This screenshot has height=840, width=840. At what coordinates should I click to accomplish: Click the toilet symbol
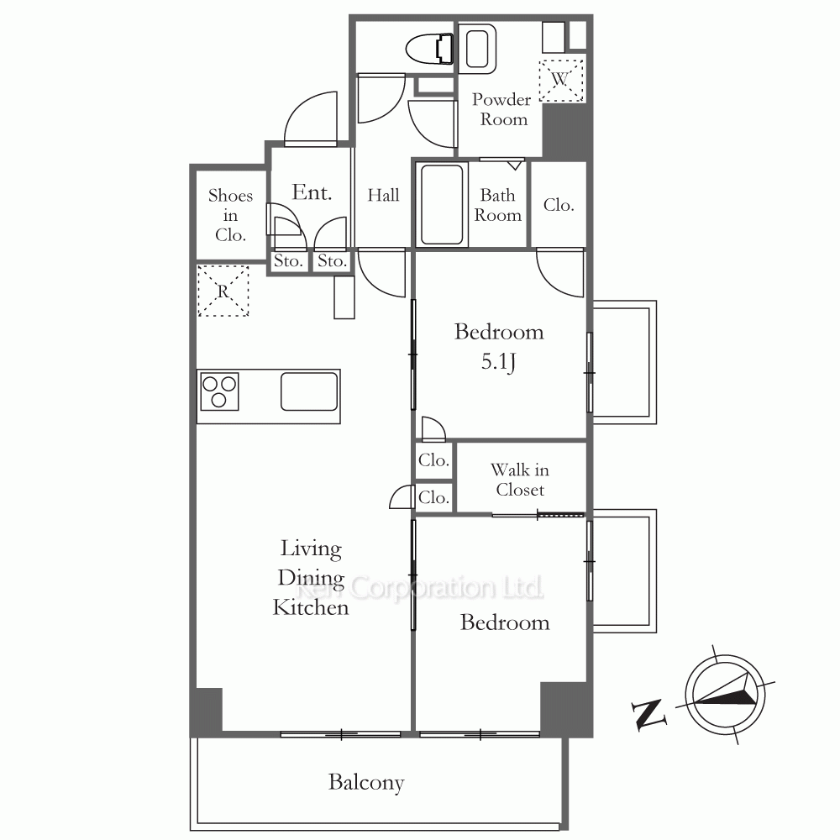pyautogui.click(x=429, y=48)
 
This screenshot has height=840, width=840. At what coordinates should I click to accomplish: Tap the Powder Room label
pyautogui.click(x=502, y=109)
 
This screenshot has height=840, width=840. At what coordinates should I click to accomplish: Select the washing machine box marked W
pyautogui.click(x=560, y=81)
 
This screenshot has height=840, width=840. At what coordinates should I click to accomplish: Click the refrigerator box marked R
pyautogui.click(x=223, y=291)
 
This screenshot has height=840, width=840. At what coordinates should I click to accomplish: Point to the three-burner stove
pyautogui.click(x=219, y=391)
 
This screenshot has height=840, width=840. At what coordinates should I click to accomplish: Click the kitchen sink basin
pyautogui.click(x=309, y=391)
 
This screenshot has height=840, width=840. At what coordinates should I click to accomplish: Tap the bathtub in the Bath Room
pyautogui.click(x=442, y=204)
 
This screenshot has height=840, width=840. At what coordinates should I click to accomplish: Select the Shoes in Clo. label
pyautogui.click(x=230, y=215)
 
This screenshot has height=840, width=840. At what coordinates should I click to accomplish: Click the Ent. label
pyautogui.click(x=312, y=192)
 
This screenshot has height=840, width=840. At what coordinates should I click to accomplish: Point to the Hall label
pyautogui.click(x=383, y=195)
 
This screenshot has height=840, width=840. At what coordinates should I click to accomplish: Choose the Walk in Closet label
pyautogui.click(x=520, y=480)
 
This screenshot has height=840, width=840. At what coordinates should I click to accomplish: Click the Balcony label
pyautogui.click(x=366, y=782)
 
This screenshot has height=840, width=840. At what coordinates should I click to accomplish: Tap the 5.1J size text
pyautogui.click(x=498, y=361)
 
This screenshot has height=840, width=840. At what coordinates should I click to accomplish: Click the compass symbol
pyautogui.click(x=726, y=695)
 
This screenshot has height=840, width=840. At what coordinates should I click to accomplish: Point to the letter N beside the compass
pyautogui.click(x=649, y=714)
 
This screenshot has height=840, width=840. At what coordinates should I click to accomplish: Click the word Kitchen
pyautogui.click(x=311, y=607)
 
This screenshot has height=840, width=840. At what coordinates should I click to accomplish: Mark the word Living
pyautogui.click(x=312, y=549)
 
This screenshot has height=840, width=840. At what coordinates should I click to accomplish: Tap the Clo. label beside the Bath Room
pyautogui.click(x=559, y=205)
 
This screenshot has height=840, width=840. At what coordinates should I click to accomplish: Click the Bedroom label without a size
pyautogui.click(x=505, y=622)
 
